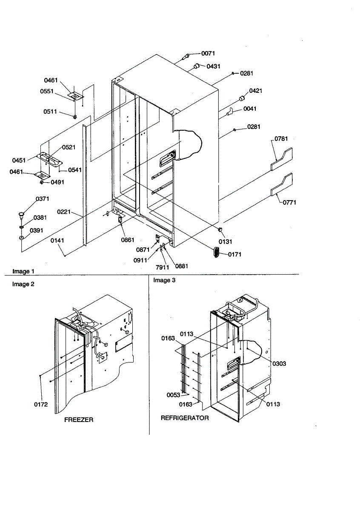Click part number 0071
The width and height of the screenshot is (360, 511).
(x=208, y=54)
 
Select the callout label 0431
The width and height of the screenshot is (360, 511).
(x=213, y=66)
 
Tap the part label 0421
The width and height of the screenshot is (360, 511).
(x=256, y=91)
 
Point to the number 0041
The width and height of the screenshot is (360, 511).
(x=250, y=109)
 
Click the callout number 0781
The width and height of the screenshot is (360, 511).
(x=281, y=139)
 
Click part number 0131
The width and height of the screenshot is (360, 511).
(x=226, y=242)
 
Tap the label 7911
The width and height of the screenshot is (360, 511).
(x=163, y=267)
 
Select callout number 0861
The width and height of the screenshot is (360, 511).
(x=128, y=240)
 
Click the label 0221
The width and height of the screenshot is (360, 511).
(x=64, y=212)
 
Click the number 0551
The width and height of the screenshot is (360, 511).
(x=47, y=91)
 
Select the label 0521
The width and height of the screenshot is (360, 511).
(x=69, y=147)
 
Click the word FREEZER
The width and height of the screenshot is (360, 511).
(x=79, y=419)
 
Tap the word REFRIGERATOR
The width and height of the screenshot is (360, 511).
(x=185, y=418)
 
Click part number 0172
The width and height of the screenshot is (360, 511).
(x=41, y=404)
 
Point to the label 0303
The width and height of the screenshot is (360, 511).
(x=279, y=364)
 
